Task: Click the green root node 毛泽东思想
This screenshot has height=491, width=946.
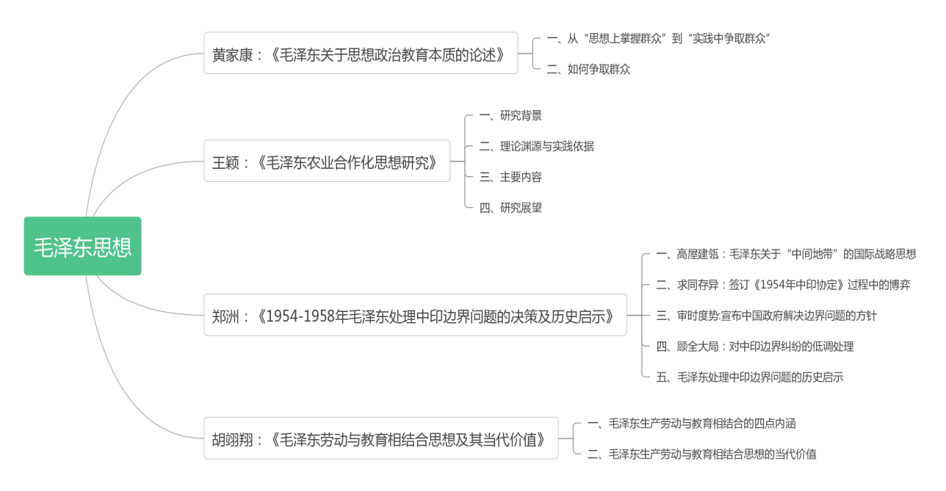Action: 82,247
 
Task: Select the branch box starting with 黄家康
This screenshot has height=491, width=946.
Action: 360,53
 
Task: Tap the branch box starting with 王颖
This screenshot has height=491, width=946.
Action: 326,161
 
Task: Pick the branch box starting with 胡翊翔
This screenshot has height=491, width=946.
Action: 380,438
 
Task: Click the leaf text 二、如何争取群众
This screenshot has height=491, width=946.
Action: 588,70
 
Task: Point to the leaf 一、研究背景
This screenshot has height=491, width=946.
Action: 510,115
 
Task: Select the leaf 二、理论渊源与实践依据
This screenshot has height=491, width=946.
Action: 536,146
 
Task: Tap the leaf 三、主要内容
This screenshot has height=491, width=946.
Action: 510,177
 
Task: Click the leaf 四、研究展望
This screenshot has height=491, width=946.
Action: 510,208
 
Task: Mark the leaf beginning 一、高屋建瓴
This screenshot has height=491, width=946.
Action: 786,254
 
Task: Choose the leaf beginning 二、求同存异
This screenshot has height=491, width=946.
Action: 783,285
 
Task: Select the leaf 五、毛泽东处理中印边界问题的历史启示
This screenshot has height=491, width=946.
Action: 749,377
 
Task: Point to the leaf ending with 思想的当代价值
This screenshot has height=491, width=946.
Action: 701,454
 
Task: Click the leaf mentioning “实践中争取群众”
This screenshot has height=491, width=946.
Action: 658,39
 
